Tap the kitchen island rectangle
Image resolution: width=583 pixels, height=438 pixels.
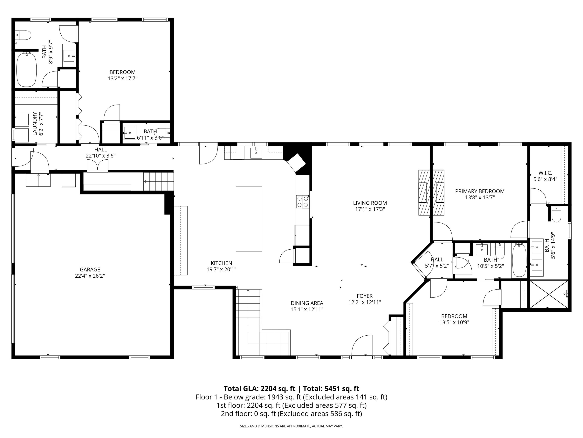coord(249,219)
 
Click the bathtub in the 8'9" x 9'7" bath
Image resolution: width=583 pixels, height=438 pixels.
coord(27,70)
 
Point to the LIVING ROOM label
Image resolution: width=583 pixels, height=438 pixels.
coord(370,203)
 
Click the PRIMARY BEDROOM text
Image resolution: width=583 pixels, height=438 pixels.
coord(480,191)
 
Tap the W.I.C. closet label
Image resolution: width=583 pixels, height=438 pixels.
coord(545,173)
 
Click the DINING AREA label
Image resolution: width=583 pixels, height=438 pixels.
coord(307,303)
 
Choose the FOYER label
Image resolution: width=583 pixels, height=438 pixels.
coord(365,296)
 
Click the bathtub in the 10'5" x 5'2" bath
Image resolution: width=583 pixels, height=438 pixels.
coord(519,260)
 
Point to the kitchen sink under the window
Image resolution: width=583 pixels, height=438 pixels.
coord(256,153)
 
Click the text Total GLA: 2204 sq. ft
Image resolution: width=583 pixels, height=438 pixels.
coord(259,389)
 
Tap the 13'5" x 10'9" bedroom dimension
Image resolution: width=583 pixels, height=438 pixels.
coord(454,322)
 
